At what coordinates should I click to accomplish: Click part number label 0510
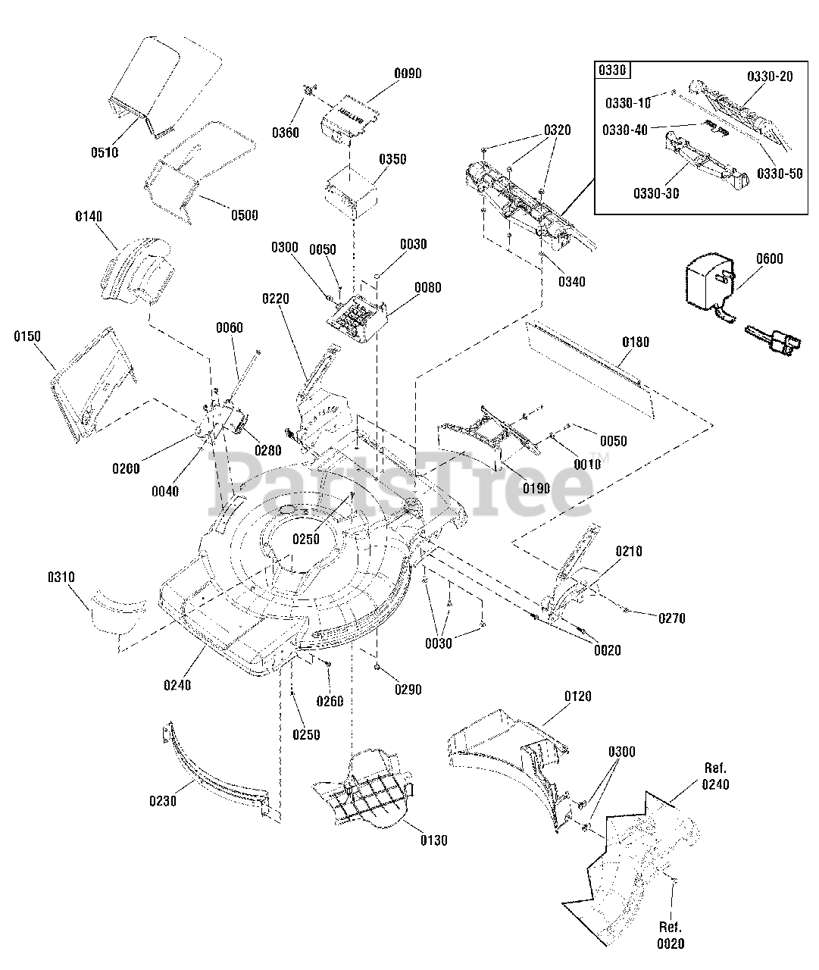[x=105, y=152]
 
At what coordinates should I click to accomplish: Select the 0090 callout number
[x=408, y=74]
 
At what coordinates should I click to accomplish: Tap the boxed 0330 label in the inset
[x=613, y=70]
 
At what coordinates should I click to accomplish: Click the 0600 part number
[x=769, y=259]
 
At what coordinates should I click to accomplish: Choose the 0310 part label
[x=61, y=577]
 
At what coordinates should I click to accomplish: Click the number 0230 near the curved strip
[x=162, y=800]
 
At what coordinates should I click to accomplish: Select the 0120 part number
[x=578, y=696]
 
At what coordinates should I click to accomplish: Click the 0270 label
[x=671, y=618]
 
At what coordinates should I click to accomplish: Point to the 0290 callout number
[x=408, y=690]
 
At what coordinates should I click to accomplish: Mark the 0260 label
[x=330, y=701]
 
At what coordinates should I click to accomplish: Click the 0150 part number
[x=27, y=336]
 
